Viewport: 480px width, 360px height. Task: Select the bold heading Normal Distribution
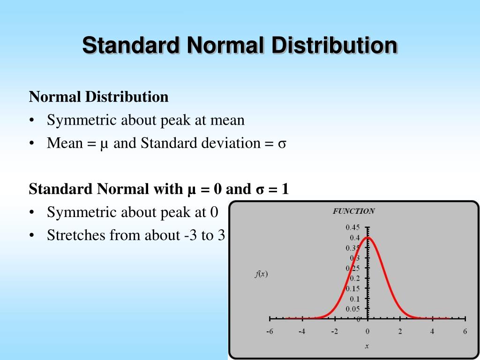click(x=98, y=97)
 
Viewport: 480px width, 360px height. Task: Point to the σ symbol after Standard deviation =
click(x=282, y=143)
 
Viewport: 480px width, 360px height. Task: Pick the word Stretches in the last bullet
click(x=76, y=235)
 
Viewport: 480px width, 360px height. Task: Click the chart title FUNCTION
click(x=353, y=211)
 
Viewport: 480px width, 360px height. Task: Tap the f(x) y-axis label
click(x=261, y=274)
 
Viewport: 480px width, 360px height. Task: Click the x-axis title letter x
click(x=367, y=346)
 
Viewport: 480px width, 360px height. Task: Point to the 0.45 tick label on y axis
click(x=352, y=227)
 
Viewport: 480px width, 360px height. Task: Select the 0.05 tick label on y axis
click(x=352, y=309)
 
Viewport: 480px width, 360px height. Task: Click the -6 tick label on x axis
click(x=270, y=331)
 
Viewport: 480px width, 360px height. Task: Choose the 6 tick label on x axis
click(x=465, y=331)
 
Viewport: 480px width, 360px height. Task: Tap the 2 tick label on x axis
click(x=400, y=331)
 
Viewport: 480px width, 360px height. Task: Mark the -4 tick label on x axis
click(x=302, y=331)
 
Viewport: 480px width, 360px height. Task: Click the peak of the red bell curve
click(x=367, y=237)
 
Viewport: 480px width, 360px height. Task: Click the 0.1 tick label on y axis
click(x=354, y=299)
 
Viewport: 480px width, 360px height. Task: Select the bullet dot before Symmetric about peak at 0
click(x=31, y=213)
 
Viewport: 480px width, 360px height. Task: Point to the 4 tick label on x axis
click(x=433, y=331)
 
